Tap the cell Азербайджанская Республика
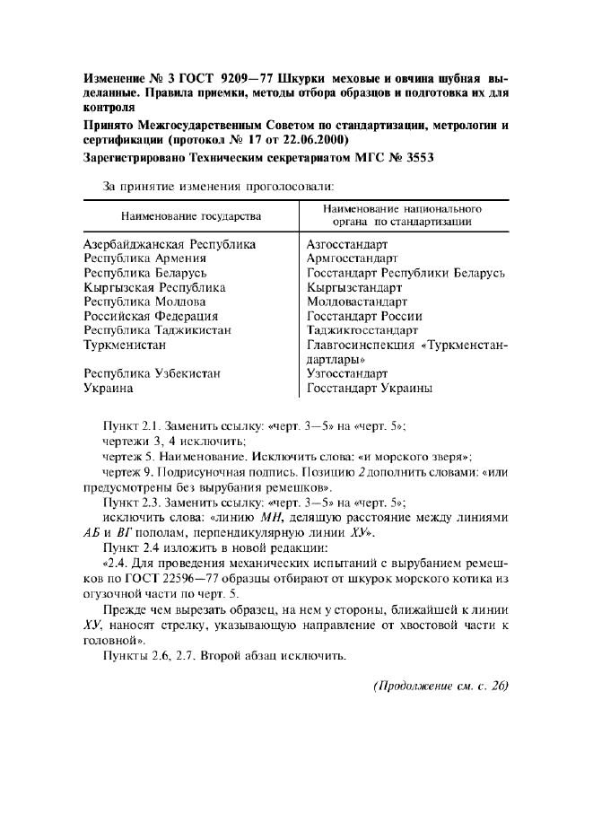pos(170,244)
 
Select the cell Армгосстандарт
pos(352,258)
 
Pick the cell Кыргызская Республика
pos(154,287)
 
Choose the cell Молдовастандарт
pos(356,302)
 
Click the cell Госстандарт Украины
pos(370,388)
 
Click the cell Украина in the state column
pos(109,388)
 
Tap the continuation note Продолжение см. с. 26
pos(440,687)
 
